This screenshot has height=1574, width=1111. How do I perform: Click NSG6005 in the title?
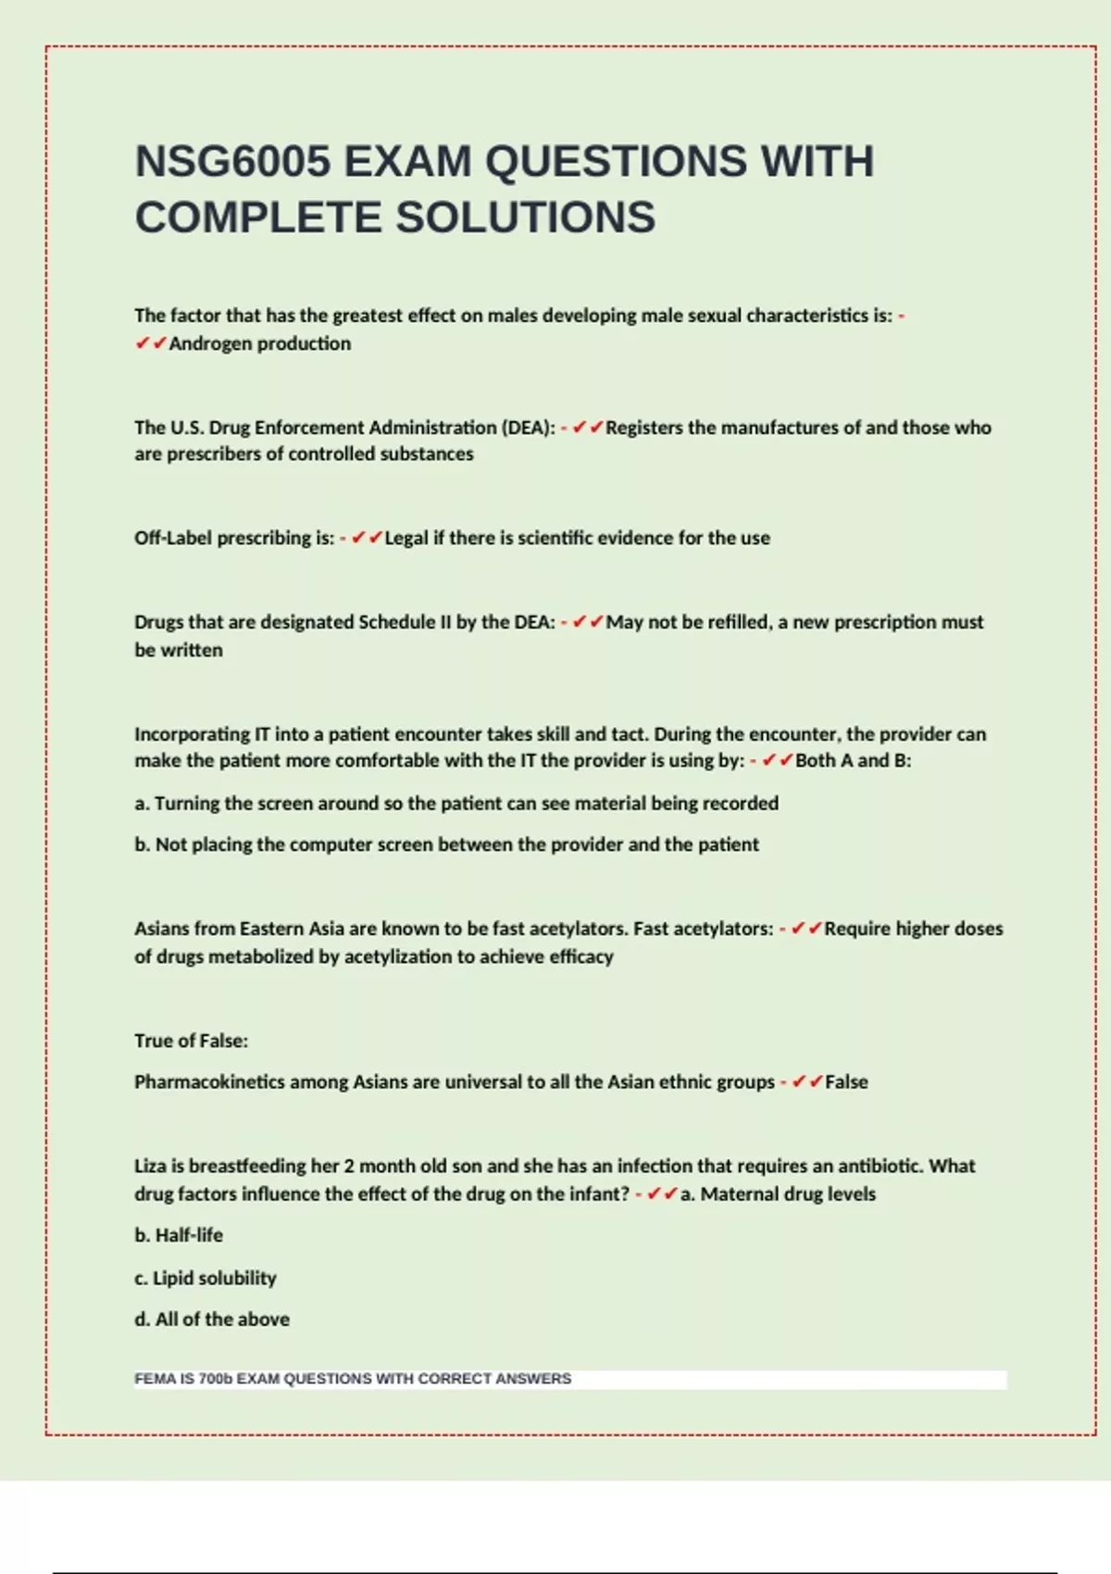click(232, 161)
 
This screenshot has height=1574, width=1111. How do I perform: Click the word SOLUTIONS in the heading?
click(526, 218)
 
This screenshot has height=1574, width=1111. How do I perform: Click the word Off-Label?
click(173, 538)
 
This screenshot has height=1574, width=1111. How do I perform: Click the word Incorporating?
click(192, 734)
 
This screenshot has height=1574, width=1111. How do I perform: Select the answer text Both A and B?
click(853, 761)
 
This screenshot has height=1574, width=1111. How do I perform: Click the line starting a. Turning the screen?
click(456, 804)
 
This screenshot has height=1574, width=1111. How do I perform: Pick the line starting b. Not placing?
click(446, 844)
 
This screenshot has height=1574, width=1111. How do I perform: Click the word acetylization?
click(399, 956)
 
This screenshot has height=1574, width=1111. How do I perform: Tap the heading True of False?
click(191, 1041)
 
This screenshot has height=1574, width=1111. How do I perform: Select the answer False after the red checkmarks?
click(846, 1082)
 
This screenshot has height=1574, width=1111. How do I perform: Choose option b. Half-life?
click(179, 1235)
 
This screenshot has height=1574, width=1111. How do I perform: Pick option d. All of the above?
click(212, 1319)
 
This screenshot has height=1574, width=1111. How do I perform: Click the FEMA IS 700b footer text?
click(353, 1379)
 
